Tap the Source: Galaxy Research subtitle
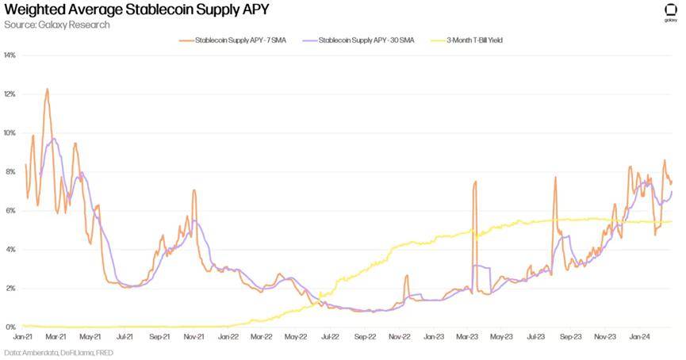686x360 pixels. point(57,25)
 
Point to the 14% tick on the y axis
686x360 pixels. point(10,56)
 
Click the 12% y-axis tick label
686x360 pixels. point(10,94)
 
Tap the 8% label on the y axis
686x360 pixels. point(10,172)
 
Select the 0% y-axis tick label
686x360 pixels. point(10,327)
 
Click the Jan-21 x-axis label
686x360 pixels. point(23,336)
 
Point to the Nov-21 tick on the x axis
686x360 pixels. point(194,336)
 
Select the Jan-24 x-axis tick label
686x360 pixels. point(640,336)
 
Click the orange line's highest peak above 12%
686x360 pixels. point(47,89)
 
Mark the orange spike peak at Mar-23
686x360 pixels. point(476,182)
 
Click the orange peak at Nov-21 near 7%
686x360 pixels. point(194,190)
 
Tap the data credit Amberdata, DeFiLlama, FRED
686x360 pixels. point(58,352)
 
